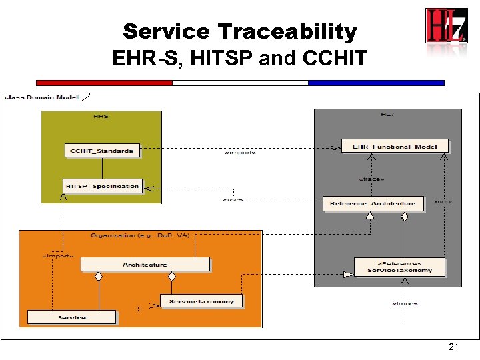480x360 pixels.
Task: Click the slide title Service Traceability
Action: (240, 31)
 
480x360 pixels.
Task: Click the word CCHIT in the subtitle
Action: (334, 59)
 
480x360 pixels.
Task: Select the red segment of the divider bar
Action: (104, 83)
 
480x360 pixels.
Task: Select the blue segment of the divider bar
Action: (375, 83)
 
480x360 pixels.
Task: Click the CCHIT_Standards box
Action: (103, 150)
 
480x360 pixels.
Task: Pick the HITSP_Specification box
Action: (102, 186)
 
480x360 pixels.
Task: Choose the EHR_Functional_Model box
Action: (395, 145)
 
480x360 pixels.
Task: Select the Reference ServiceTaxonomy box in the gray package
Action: (399, 267)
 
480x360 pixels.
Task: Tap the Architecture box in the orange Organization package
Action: (145, 264)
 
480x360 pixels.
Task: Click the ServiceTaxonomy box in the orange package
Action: (201, 301)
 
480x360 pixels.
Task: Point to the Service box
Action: (71, 317)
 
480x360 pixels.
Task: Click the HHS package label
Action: (101, 116)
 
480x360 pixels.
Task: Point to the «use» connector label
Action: (231, 199)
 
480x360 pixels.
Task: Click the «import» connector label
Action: (57, 255)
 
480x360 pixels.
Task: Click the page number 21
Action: (454, 347)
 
